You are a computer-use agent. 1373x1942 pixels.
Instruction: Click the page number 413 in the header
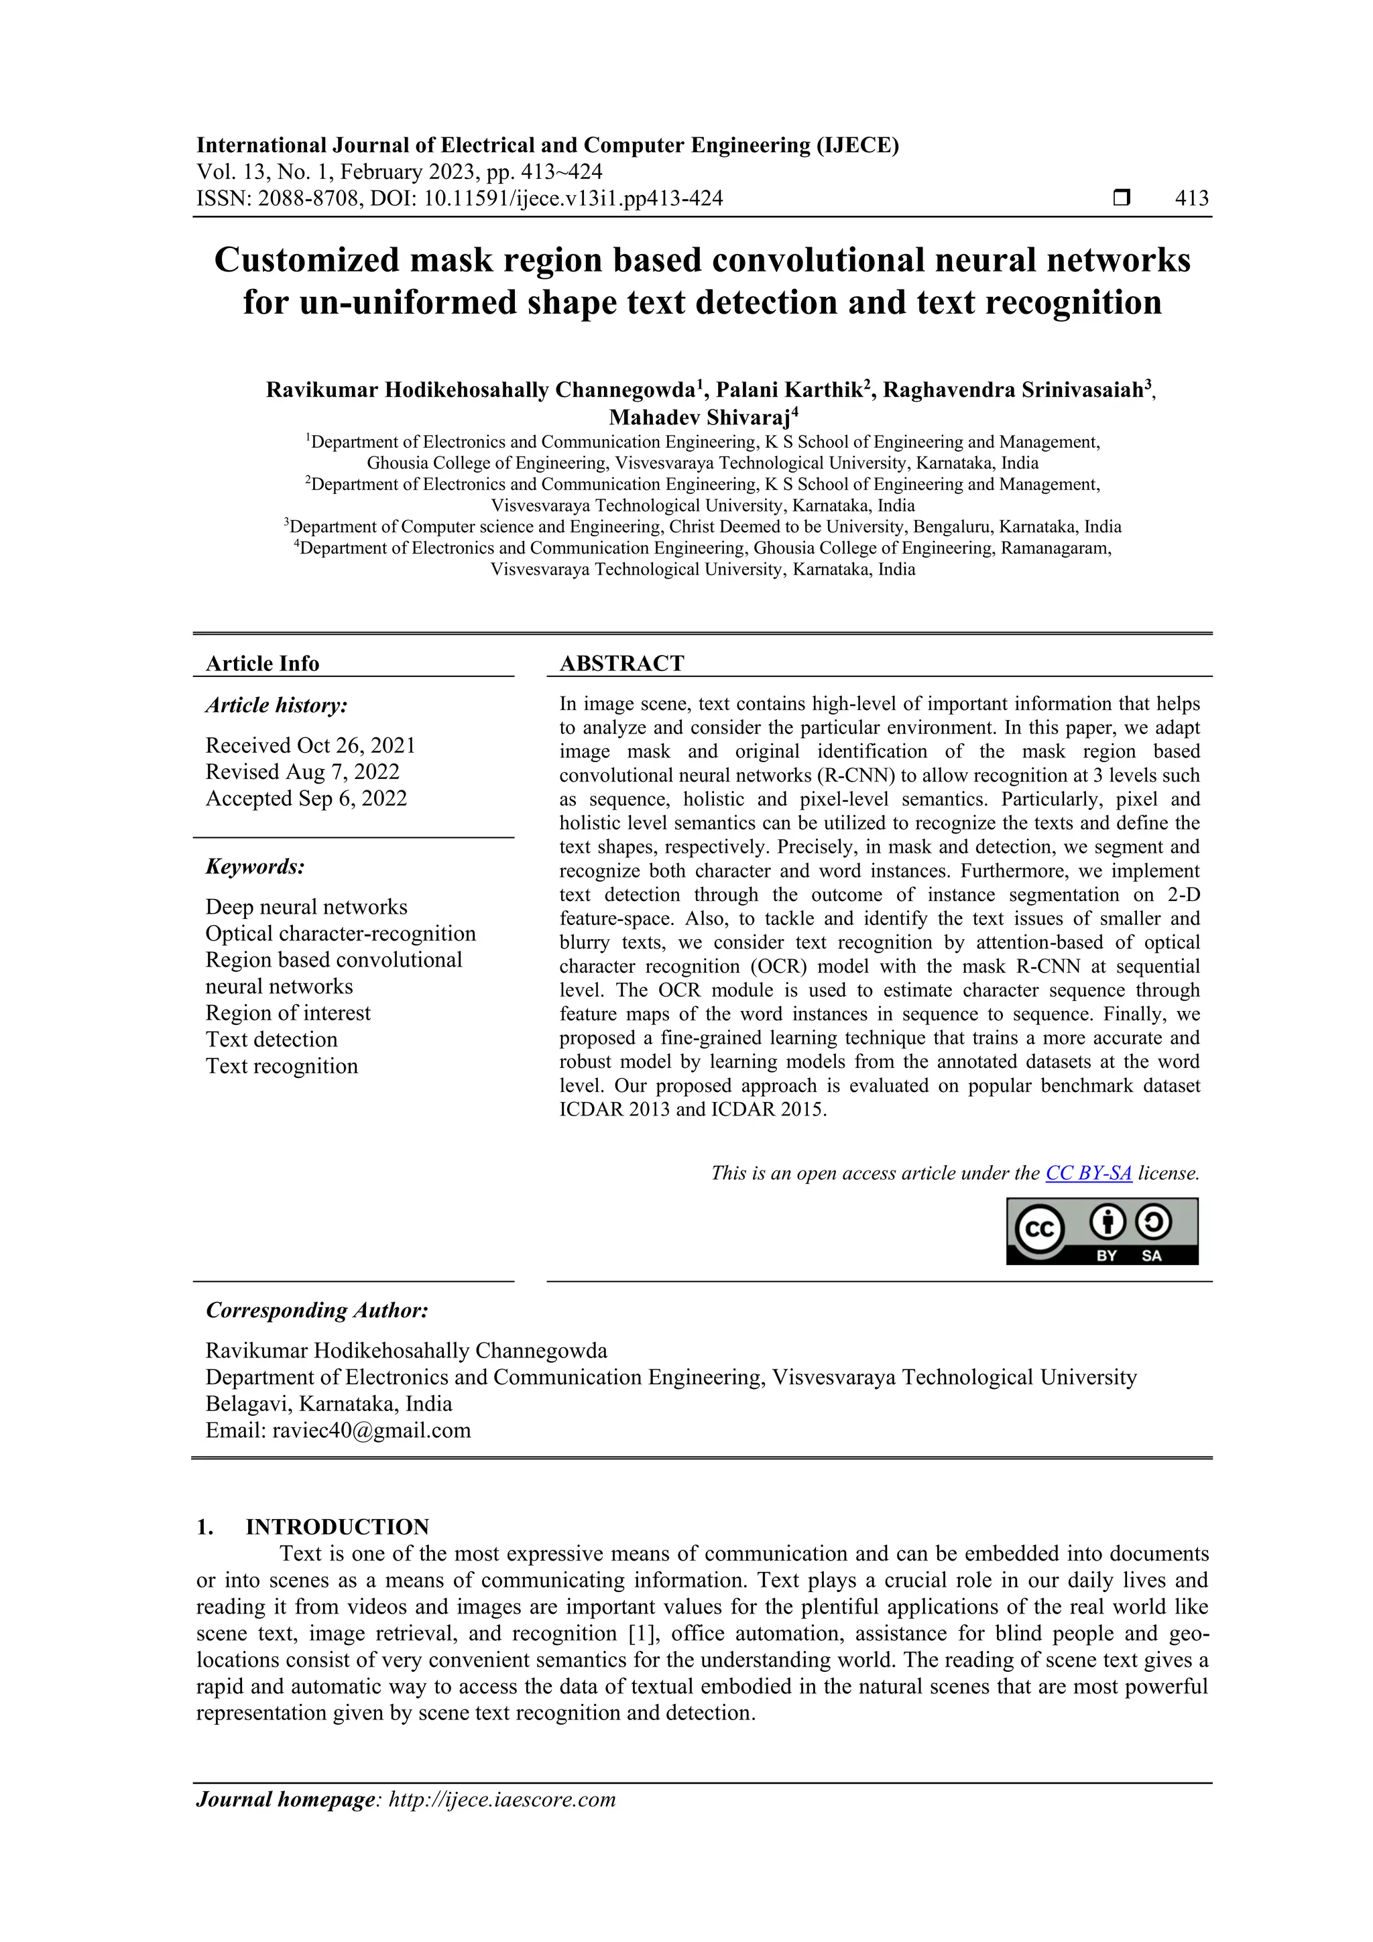(x=1191, y=199)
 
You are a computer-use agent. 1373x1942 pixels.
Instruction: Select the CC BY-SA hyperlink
(x=1088, y=1173)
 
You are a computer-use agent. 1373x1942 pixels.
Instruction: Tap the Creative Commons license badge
(x=1101, y=1231)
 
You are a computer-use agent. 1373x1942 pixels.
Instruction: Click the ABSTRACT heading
(x=621, y=663)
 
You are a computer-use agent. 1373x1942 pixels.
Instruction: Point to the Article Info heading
(x=262, y=663)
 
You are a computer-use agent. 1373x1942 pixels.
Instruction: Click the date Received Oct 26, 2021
(x=310, y=745)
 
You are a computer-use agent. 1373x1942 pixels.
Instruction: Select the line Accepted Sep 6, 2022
(x=306, y=798)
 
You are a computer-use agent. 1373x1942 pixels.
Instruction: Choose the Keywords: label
(x=255, y=867)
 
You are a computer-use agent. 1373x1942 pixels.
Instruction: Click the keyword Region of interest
(x=288, y=1014)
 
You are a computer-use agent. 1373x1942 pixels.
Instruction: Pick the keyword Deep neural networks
(x=306, y=907)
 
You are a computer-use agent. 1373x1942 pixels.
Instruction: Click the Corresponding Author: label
(x=317, y=1310)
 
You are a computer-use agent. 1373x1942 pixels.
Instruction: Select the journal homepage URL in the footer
(x=501, y=1799)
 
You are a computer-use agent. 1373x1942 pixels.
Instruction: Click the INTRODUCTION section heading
(x=337, y=1526)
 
